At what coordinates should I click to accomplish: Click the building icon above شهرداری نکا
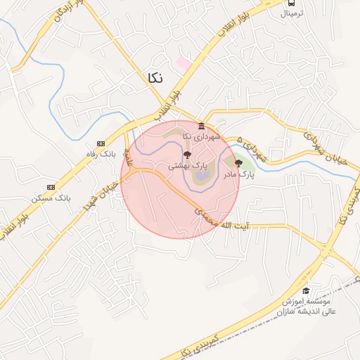(x=200, y=126)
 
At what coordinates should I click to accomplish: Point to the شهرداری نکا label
(x=201, y=136)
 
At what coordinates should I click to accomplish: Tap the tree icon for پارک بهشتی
(x=186, y=154)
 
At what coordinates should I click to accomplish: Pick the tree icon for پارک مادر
(x=238, y=162)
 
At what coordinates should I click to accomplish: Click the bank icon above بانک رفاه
(x=100, y=143)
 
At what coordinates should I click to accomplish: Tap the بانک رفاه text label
(x=98, y=154)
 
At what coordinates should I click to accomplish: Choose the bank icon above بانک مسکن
(x=51, y=187)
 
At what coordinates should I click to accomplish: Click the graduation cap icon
(x=305, y=291)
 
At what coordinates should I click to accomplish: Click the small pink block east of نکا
(x=184, y=63)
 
